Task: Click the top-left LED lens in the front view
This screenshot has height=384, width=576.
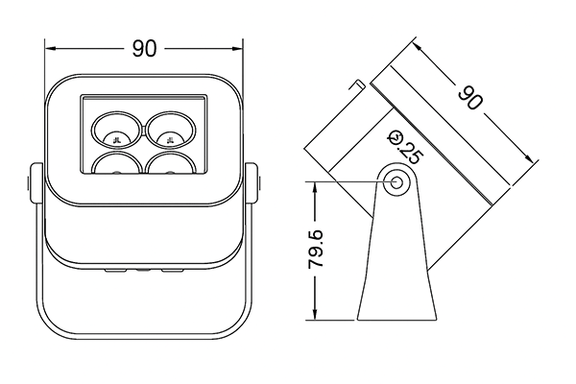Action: pos(116,127)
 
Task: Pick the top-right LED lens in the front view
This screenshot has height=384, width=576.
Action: pos(172,127)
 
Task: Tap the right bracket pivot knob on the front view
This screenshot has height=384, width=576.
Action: pos(253,185)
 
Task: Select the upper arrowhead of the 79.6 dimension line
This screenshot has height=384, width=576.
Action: pos(314,184)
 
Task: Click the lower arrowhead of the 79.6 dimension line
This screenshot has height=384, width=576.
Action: pos(314,321)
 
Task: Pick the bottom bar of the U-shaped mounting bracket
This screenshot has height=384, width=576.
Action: pos(145,339)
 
